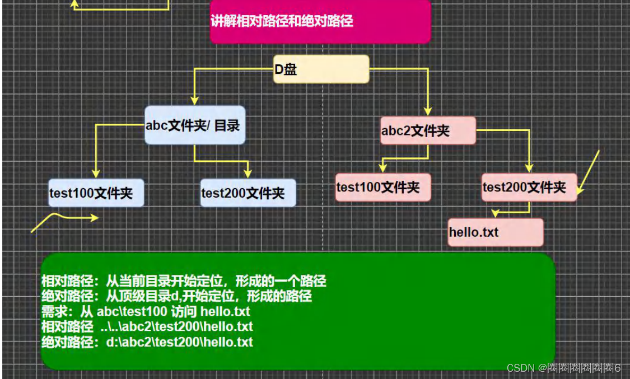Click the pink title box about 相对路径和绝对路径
click(320, 22)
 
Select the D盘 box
click(321, 69)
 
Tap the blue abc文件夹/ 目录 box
click(194, 125)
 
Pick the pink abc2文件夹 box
click(428, 131)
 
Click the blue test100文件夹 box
click(95, 193)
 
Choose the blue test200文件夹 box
click(248, 193)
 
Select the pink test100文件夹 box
click(384, 188)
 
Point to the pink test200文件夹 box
click(529, 188)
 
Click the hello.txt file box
click(496, 232)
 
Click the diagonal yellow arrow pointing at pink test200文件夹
click(589, 171)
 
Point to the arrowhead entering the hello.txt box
click(495, 213)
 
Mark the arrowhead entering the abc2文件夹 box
click(428, 111)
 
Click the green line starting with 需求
click(146, 311)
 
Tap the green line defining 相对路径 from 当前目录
click(184, 281)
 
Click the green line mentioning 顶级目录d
click(176, 296)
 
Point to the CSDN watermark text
click(563, 368)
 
